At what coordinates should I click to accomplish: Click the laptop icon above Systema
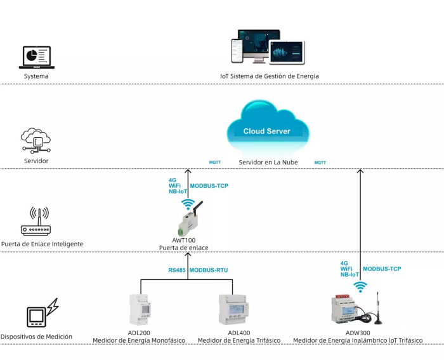pyautogui.click(x=37, y=58)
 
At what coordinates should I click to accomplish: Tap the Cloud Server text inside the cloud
pyautogui.click(x=267, y=131)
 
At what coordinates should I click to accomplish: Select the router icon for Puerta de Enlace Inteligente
pyautogui.click(x=36, y=222)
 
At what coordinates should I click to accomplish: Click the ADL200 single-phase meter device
pyautogui.click(x=140, y=310)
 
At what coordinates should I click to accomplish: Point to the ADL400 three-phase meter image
pyautogui.click(x=233, y=310)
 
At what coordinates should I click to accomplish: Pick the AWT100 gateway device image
pyautogui.click(x=189, y=219)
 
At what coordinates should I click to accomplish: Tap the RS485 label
pyautogui.click(x=177, y=270)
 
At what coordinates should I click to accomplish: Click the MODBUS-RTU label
pyautogui.click(x=209, y=270)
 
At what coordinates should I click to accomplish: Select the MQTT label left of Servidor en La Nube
pyautogui.click(x=215, y=163)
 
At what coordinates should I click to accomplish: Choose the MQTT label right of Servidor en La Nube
pyautogui.click(x=320, y=163)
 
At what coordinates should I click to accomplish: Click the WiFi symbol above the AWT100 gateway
pyautogui.click(x=188, y=204)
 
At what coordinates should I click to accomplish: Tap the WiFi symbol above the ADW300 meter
pyautogui.click(x=360, y=287)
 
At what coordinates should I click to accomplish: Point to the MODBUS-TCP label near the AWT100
pyautogui.click(x=209, y=186)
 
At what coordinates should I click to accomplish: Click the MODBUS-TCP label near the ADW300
pyautogui.click(x=382, y=269)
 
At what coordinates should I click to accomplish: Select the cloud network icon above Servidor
pyautogui.click(x=36, y=140)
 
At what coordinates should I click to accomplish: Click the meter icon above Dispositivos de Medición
pyautogui.click(x=42, y=312)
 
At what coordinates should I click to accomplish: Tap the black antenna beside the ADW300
pyautogui.click(x=378, y=309)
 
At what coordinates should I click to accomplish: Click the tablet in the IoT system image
pyautogui.click(x=287, y=52)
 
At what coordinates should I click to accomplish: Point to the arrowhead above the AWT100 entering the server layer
pyautogui.click(x=188, y=171)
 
